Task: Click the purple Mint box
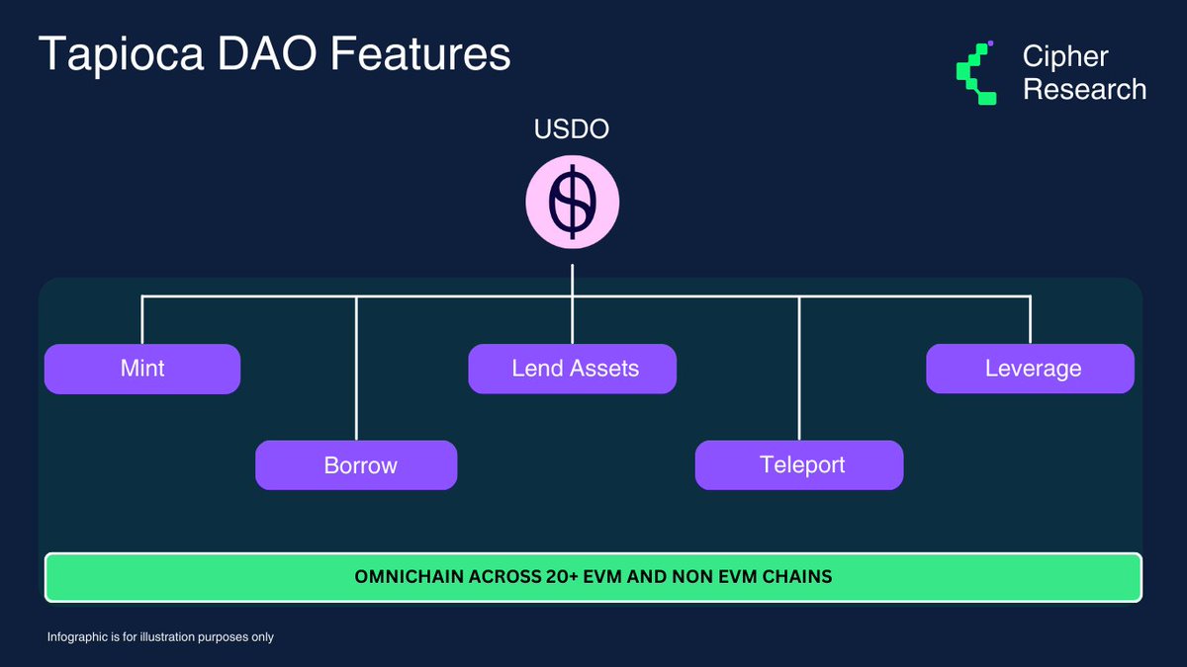point(142,369)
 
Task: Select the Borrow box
point(356,465)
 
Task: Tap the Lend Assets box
point(573,369)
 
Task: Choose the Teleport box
point(799,465)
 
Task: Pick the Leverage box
point(1030,369)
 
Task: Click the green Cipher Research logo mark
point(975,74)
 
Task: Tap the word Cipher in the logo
point(1065,56)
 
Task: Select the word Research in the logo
point(1084,90)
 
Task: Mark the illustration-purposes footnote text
point(160,637)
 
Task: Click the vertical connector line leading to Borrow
point(356,375)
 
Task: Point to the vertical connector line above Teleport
point(799,375)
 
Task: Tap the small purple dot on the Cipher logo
point(990,43)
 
